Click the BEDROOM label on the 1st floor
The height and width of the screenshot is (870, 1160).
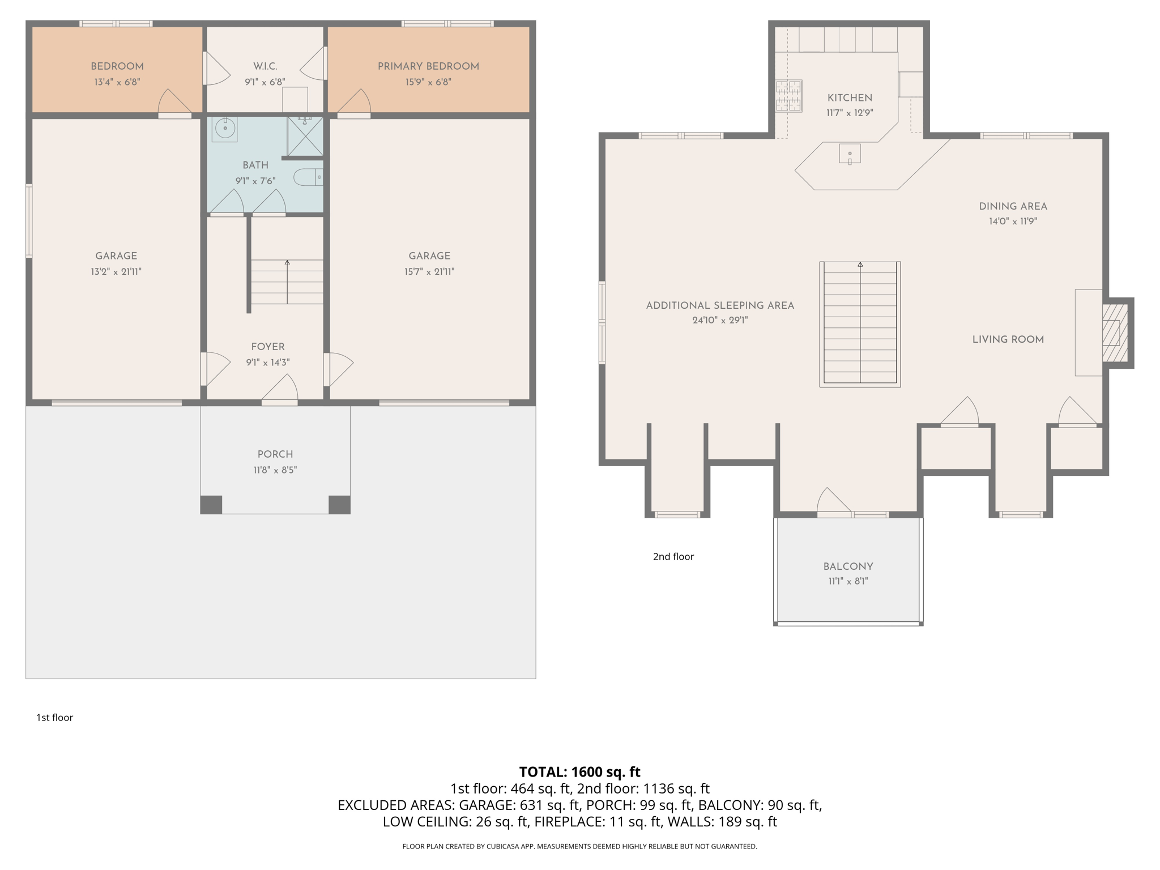(x=117, y=66)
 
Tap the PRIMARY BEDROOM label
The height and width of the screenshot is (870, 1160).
(x=428, y=66)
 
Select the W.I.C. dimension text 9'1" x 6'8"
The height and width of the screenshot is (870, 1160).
(x=265, y=82)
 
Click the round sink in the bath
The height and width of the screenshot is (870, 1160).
(x=225, y=129)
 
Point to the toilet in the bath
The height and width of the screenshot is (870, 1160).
(x=308, y=177)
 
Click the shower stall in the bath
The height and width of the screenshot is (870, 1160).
(x=305, y=136)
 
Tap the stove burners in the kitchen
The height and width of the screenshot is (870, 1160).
(x=788, y=96)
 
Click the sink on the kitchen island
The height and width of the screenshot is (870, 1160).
(x=850, y=154)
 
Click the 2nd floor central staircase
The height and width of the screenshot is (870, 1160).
(x=860, y=324)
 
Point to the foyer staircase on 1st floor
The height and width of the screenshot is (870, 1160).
(x=287, y=282)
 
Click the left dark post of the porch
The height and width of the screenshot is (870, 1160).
(x=211, y=505)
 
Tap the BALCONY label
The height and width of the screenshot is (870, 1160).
(x=848, y=566)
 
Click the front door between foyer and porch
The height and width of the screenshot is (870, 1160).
(x=280, y=402)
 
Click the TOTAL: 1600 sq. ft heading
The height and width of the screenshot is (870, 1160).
(x=579, y=772)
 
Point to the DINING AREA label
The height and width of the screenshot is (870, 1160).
(x=1013, y=206)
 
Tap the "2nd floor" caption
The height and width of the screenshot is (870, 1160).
(x=673, y=557)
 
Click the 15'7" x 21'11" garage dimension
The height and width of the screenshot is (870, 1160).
(x=429, y=272)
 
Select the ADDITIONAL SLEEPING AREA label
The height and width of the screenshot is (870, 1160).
(x=720, y=305)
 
